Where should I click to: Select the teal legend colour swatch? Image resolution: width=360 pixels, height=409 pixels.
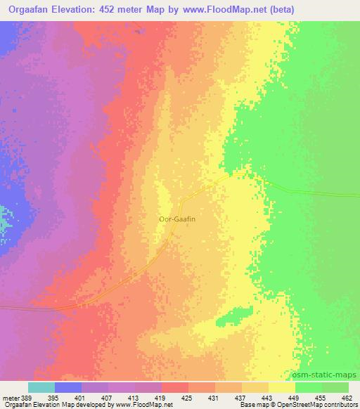pyautogui.click(x=41, y=387)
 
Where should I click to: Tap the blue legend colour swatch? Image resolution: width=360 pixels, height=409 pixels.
pyautogui.click(x=68, y=387)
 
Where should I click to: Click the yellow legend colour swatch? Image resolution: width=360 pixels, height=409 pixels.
pyautogui.click(x=282, y=387)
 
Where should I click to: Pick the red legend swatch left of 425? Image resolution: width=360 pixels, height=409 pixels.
pyautogui.click(x=175, y=387)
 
